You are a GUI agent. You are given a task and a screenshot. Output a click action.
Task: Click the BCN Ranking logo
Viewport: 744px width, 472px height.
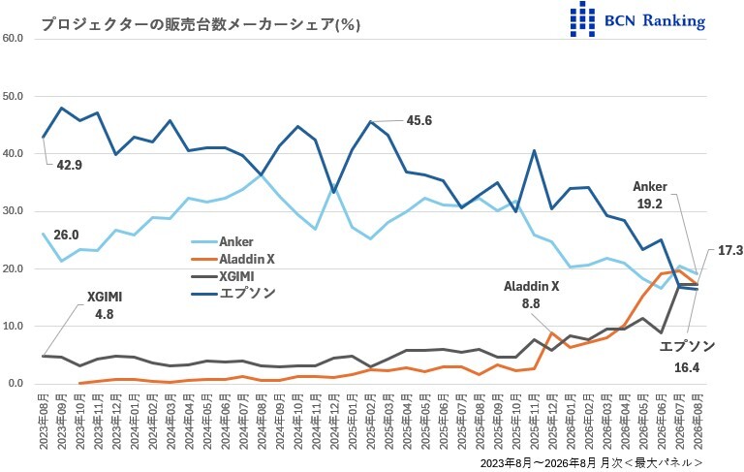tap(637, 20)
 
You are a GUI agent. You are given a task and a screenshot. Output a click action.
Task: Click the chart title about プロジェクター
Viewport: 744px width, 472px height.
tap(201, 24)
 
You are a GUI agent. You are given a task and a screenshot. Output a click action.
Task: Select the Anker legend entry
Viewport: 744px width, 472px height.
tap(222, 241)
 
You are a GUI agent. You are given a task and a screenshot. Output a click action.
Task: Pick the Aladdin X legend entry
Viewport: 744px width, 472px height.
tap(232, 260)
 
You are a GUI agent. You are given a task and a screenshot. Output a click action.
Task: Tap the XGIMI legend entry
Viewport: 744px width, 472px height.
tap(223, 276)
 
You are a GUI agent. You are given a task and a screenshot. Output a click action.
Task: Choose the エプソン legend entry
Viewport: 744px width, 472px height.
tap(232, 294)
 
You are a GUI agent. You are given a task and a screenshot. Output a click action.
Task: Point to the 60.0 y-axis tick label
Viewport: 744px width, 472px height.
tap(13, 39)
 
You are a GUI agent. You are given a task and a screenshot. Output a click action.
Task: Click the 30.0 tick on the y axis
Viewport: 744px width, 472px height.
tap(13, 211)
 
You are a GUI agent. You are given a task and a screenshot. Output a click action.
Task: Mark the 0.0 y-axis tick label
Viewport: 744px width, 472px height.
tap(15, 383)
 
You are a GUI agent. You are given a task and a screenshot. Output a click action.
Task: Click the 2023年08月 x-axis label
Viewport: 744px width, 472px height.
tap(44, 422)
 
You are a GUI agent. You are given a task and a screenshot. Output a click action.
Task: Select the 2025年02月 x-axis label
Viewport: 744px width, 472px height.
tap(371, 422)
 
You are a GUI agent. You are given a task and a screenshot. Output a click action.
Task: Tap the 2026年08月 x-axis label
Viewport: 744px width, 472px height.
tap(697, 422)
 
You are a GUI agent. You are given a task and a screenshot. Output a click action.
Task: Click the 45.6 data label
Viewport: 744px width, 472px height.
tap(418, 120)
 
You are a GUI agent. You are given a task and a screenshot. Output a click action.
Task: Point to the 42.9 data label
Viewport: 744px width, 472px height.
tap(70, 165)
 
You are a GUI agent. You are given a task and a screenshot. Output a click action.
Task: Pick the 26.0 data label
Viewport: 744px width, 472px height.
tap(66, 236)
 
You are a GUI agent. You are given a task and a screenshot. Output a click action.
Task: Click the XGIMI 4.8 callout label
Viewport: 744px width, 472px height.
tap(105, 305)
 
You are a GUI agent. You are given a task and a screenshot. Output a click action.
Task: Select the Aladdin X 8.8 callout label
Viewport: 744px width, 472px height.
tap(532, 295)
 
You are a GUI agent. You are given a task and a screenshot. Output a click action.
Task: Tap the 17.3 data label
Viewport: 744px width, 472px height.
tap(729, 251)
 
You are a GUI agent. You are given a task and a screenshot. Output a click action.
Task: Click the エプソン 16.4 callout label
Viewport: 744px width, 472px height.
tap(687, 357)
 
